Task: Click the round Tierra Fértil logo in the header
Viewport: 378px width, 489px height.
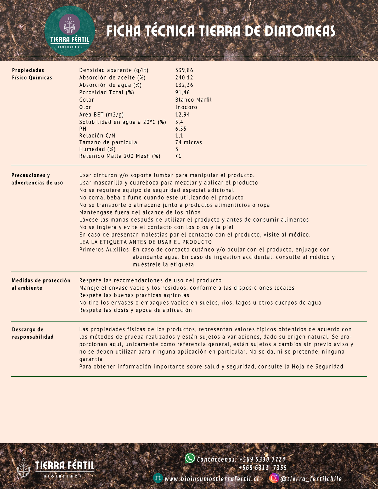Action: (x=70, y=31)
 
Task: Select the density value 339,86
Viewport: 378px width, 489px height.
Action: (x=184, y=70)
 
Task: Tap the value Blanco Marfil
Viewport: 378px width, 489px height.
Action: (x=193, y=100)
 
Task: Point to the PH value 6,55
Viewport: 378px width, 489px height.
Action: (x=181, y=129)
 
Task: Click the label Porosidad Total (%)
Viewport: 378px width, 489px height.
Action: (x=106, y=93)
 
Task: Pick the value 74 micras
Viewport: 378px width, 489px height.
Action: (x=189, y=142)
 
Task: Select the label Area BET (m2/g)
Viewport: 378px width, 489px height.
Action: (x=101, y=114)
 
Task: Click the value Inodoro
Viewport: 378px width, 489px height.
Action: (x=186, y=107)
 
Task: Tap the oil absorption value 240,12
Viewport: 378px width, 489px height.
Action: (x=184, y=78)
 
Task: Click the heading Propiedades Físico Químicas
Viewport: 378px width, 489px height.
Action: (x=32, y=74)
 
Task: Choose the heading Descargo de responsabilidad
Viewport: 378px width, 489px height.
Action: (x=32, y=333)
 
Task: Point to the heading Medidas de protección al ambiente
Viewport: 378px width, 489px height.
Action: (x=41, y=284)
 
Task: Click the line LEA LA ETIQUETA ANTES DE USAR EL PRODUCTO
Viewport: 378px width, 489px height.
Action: (x=145, y=242)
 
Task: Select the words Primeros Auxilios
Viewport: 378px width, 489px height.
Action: (x=105, y=250)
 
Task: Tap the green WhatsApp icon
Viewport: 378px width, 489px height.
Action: (x=190, y=458)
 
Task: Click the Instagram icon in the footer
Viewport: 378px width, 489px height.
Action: (x=274, y=478)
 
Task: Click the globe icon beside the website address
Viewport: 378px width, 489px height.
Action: (x=158, y=478)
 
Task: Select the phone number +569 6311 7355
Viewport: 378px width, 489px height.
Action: (x=263, y=468)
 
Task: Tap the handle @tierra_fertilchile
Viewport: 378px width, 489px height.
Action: (x=311, y=479)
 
